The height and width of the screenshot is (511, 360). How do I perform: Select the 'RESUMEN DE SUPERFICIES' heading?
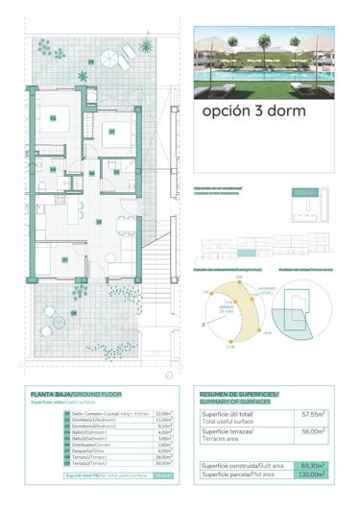[x=239, y=395]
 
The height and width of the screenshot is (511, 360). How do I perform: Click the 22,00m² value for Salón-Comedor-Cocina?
[x=163, y=413]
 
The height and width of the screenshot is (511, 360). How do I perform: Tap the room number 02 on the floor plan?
[x=53, y=118]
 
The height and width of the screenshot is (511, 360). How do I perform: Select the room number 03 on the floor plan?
[x=110, y=131]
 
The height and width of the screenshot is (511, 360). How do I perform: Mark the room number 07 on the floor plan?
[x=64, y=259]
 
